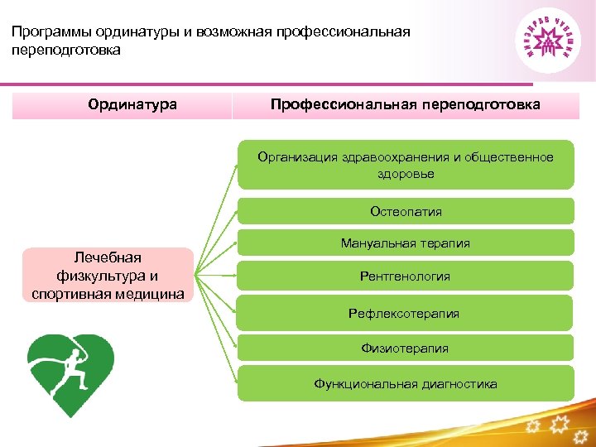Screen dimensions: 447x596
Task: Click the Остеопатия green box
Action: [x=406, y=211]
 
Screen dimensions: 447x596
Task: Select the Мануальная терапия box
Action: [x=406, y=243]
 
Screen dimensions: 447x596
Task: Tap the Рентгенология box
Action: [x=406, y=276]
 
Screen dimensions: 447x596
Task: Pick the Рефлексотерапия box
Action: [x=406, y=314]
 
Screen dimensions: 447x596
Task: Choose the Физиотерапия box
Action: [x=406, y=348]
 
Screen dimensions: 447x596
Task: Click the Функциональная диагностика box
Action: [x=406, y=383]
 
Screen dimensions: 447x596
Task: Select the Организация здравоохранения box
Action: [x=406, y=166]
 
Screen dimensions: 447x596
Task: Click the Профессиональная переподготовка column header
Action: [x=406, y=105]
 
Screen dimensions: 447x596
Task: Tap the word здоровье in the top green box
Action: [x=406, y=174]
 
